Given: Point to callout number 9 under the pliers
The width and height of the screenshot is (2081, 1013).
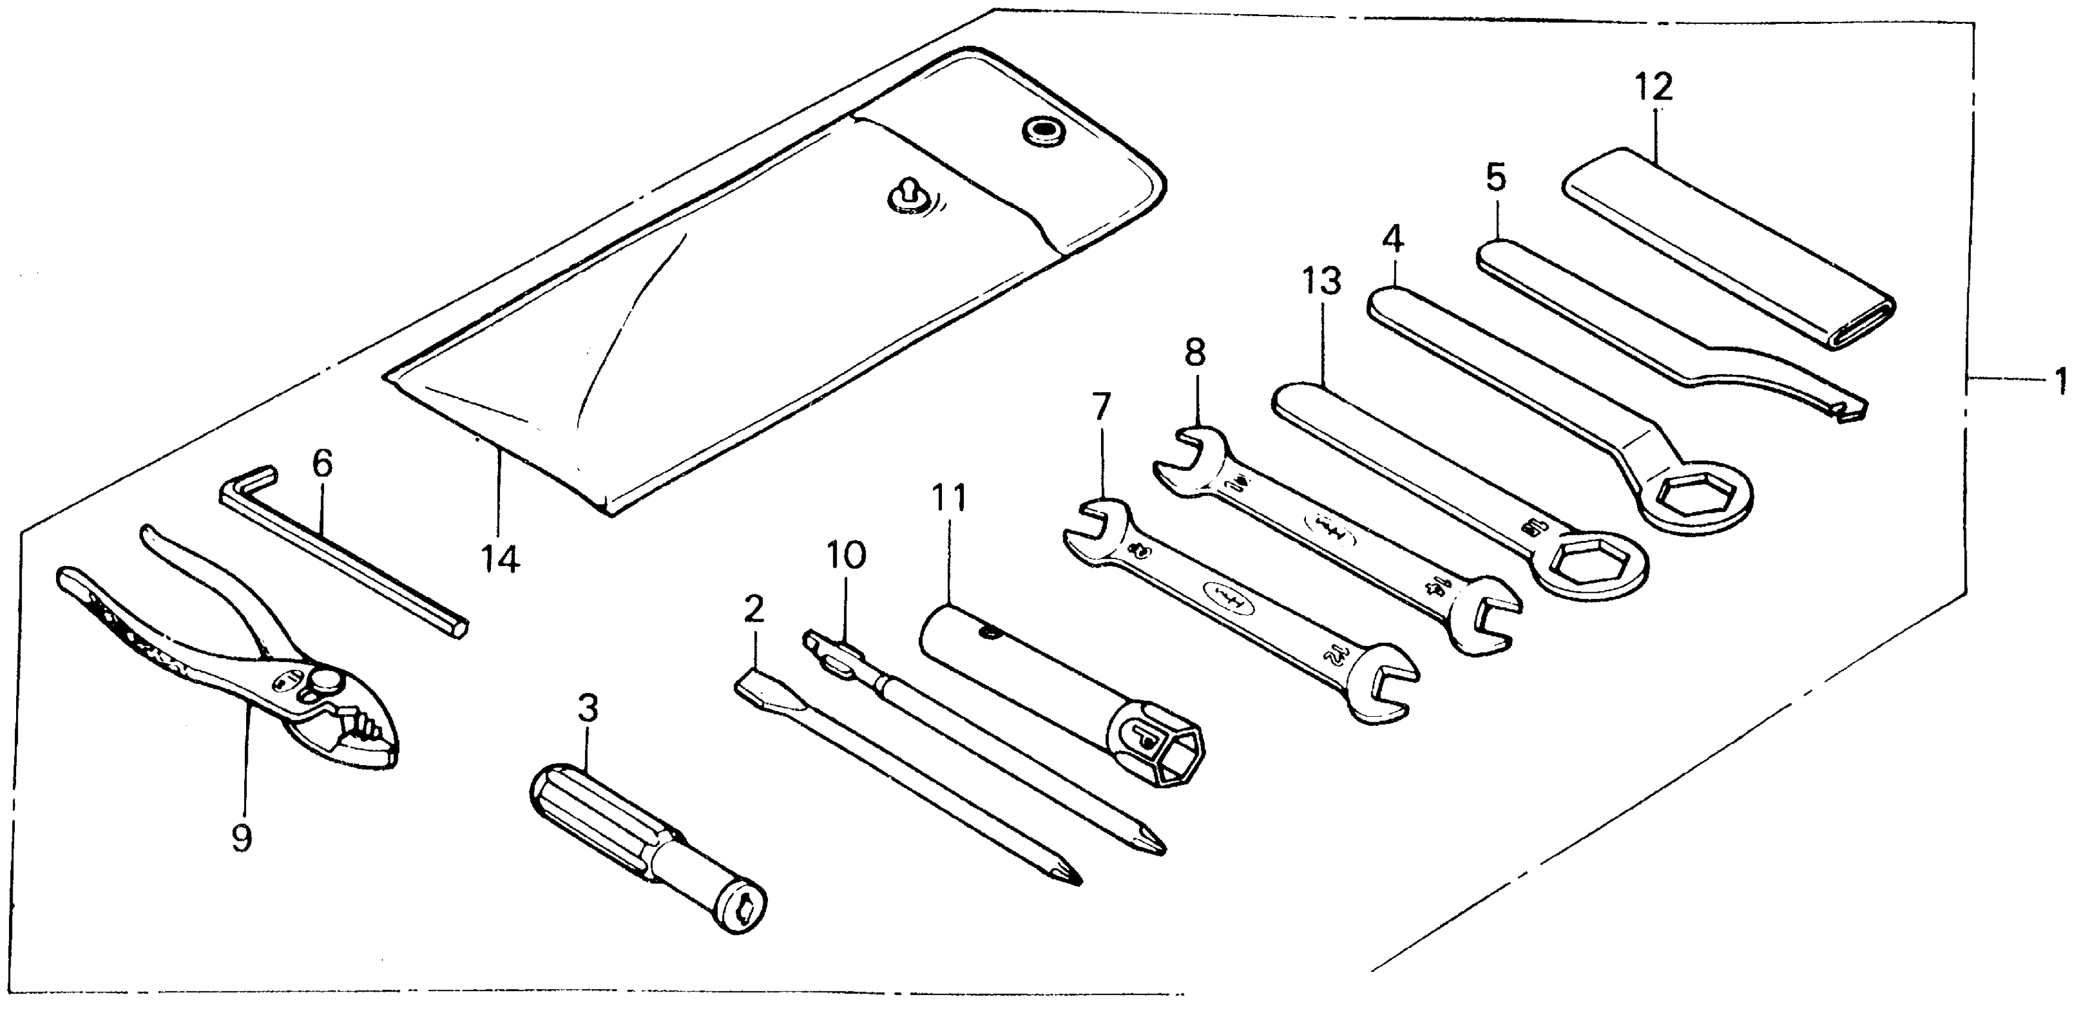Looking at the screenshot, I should [x=241, y=837].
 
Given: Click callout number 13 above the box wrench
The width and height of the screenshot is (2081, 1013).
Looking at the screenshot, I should [x=1321, y=282].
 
